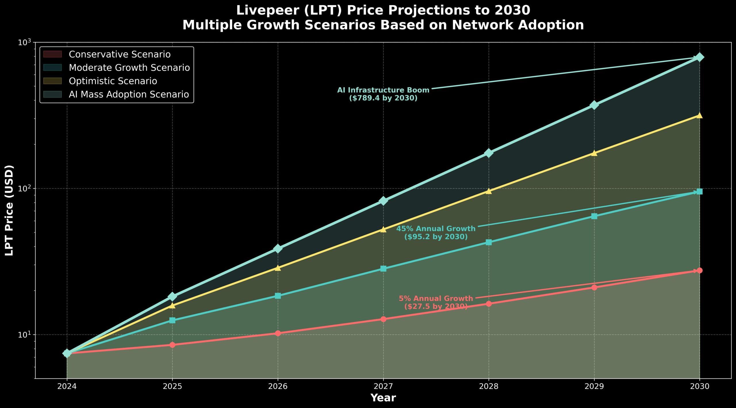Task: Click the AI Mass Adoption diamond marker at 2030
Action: pos(699,57)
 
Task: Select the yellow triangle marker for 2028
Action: pos(489,191)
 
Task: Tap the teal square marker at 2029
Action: pos(594,216)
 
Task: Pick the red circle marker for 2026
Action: pos(278,333)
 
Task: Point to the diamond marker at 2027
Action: pos(383,201)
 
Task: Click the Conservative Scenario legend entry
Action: pos(120,54)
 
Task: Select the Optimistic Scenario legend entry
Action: pos(113,81)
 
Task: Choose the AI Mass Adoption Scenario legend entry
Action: pos(129,94)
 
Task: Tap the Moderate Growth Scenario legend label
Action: pos(129,68)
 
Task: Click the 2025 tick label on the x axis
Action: pos(172,386)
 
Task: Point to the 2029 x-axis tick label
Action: pos(594,386)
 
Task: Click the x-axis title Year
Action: pos(383,398)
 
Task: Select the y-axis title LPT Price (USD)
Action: pos(9,210)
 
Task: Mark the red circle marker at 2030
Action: pos(699,270)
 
